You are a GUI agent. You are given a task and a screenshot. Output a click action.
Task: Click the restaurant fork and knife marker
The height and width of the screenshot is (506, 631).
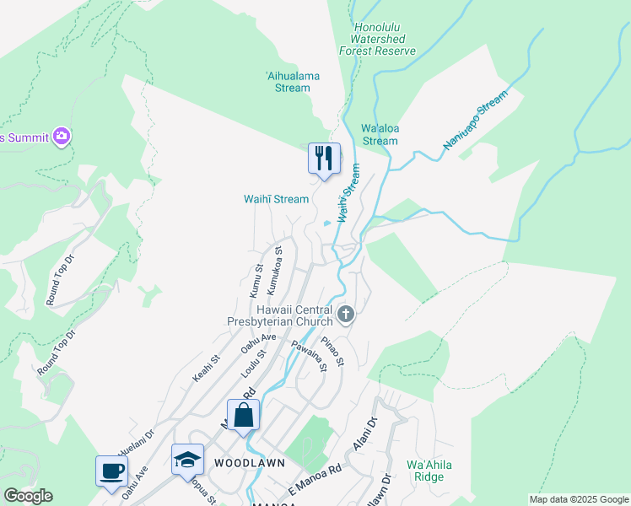324,158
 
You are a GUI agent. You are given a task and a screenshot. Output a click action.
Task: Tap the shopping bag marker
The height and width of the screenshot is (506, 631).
243,416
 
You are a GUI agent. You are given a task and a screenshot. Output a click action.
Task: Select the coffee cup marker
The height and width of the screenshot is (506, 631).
111,471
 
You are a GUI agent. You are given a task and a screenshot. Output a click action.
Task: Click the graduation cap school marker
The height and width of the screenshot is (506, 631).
187,460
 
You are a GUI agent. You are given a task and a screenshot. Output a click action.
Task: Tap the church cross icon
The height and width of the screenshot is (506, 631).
345,315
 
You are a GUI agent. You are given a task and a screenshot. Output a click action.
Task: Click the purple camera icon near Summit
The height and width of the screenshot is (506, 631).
61,135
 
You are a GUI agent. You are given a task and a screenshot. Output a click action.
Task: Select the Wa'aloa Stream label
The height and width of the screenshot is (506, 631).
379,135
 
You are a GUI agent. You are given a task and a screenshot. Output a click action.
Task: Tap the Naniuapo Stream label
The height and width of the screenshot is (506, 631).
477,122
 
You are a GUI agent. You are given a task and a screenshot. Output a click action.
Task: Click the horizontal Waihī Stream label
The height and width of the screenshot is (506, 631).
276,199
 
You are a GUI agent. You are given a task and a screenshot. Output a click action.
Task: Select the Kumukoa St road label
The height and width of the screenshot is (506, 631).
274,270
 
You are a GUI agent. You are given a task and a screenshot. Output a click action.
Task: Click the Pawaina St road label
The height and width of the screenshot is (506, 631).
308,357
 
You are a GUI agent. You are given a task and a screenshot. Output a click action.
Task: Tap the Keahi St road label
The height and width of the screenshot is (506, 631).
205,368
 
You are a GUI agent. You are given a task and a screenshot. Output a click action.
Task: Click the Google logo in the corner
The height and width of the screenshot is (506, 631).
27,496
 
